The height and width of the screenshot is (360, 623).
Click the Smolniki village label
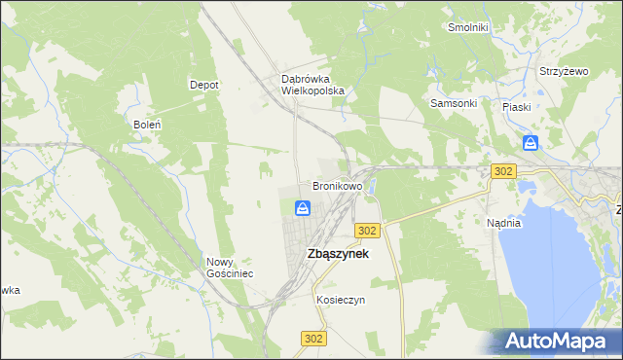[x=467, y=27]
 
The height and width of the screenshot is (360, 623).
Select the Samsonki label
[x=453, y=103]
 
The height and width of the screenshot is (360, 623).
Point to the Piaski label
[x=516, y=107]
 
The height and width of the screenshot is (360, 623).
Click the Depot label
[x=203, y=85]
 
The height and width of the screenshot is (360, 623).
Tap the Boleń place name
[x=146, y=125]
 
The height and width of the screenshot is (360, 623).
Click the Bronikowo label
[x=337, y=185]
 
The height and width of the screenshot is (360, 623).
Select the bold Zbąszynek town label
[x=337, y=253]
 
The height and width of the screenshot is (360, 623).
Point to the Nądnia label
[x=504, y=223]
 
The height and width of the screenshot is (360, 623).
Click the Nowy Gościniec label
[x=230, y=268]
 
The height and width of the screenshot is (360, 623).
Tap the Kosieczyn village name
[x=340, y=301]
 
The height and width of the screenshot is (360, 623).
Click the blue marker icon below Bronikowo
[x=303, y=208]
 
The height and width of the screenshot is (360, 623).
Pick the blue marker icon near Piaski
[x=530, y=144]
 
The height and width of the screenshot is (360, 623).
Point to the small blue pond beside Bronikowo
[x=371, y=204]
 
